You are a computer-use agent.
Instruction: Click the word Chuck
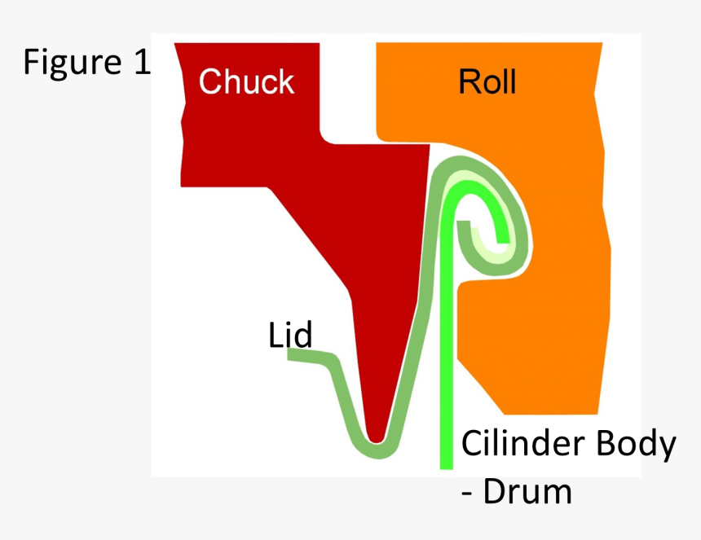[x=246, y=81]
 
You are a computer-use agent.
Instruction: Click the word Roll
[x=487, y=82]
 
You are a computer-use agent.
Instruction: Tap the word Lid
[x=290, y=335]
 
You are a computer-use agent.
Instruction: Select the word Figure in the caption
[x=70, y=63]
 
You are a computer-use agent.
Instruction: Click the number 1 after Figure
[x=140, y=63]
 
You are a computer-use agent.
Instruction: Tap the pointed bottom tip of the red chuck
[x=376, y=435]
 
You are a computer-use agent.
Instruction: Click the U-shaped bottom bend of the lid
[x=376, y=449]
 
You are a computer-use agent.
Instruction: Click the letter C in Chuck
[x=209, y=81]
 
